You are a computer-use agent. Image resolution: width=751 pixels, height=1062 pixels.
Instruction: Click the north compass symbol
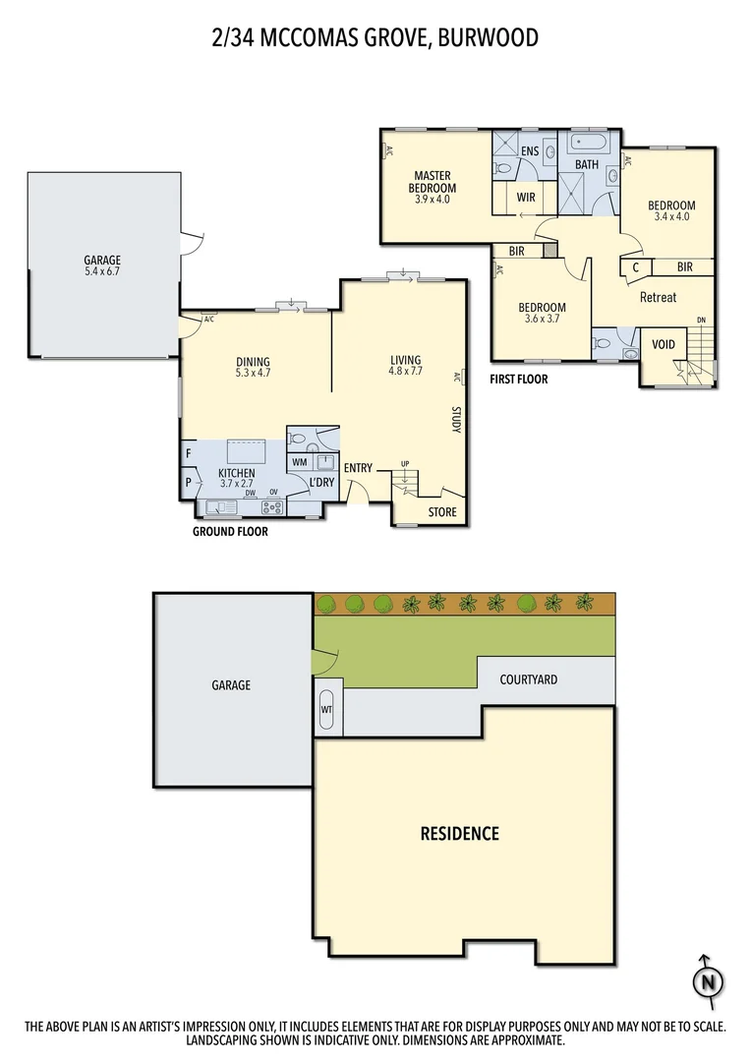tap(705, 980)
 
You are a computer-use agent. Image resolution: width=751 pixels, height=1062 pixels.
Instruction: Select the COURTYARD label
tap(528, 679)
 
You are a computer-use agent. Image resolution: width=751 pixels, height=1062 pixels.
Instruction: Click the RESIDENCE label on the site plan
tap(460, 834)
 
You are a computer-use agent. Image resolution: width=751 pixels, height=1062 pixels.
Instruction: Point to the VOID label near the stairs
tap(664, 345)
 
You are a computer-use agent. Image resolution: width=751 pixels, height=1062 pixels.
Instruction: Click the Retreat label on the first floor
tap(658, 297)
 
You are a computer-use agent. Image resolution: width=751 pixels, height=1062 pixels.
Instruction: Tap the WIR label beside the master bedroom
tap(526, 198)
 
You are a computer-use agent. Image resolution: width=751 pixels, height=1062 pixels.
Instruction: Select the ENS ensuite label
tap(530, 150)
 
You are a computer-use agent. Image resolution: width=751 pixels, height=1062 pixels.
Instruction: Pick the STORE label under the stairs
tap(441, 512)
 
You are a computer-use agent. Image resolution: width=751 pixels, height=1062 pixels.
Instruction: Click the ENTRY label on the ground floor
tap(358, 468)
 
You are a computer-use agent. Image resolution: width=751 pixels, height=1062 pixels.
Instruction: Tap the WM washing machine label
tap(299, 461)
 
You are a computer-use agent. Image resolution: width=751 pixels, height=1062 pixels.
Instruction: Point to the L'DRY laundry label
tap(322, 483)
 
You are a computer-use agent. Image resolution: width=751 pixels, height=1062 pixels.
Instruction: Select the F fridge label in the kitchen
tap(187, 454)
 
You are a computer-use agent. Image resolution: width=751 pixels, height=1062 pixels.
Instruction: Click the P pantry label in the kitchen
tap(187, 483)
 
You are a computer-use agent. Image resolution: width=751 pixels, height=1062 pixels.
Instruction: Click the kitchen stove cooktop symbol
tap(272, 507)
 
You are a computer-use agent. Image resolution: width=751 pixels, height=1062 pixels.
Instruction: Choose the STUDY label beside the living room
tap(456, 419)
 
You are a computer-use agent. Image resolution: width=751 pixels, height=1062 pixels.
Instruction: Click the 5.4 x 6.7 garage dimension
tap(102, 272)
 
